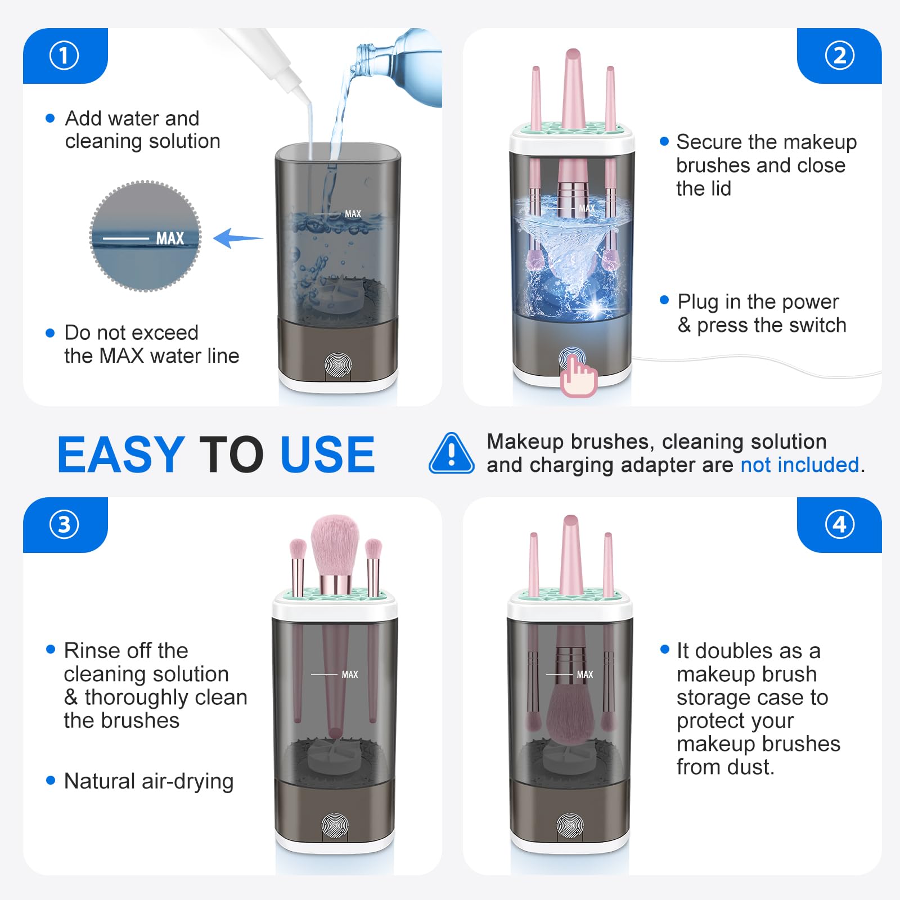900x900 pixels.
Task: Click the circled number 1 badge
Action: (x=64, y=56)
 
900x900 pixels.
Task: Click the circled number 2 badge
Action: (x=839, y=56)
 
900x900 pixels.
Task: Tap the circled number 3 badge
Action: (x=64, y=524)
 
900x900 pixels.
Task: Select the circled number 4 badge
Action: (x=839, y=524)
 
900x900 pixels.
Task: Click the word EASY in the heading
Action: (x=121, y=454)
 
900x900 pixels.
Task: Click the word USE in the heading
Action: (x=327, y=454)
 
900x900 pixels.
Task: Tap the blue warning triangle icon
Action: (x=451, y=453)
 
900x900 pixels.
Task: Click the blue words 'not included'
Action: (x=800, y=465)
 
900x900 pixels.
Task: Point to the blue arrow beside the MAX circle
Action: (x=238, y=238)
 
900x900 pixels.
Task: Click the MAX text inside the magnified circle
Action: (x=170, y=238)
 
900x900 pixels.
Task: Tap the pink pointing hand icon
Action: (x=578, y=376)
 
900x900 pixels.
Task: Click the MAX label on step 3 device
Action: (x=349, y=674)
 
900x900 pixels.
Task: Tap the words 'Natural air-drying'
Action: (x=148, y=781)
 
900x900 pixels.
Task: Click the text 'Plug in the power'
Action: (x=758, y=302)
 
